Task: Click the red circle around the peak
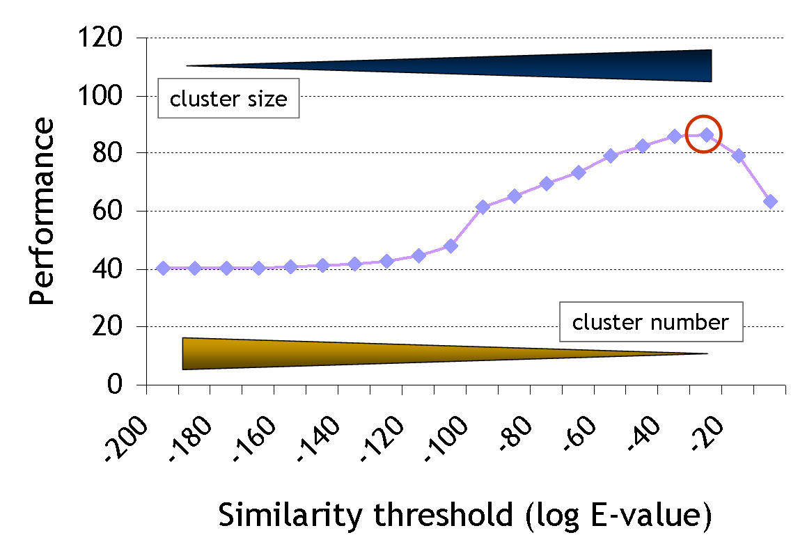click(x=703, y=134)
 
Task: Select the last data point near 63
click(x=770, y=201)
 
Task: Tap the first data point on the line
click(x=163, y=268)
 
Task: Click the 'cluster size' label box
click(x=228, y=99)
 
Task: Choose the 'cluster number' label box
click(x=650, y=322)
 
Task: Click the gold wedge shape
click(x=348, y=353)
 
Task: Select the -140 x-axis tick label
click(x=320, y=433)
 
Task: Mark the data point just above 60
click(x=483, y=207)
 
